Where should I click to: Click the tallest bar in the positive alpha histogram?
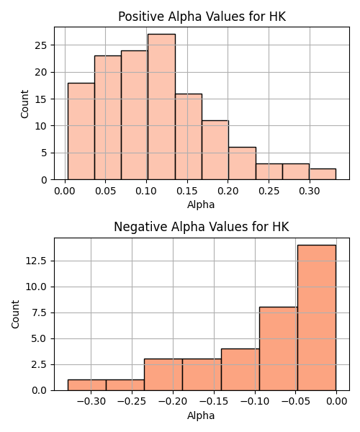(161, 107)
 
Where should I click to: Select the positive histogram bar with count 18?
(81, 132)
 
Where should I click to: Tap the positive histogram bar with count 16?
(189, 137)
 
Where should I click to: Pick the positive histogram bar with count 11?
(215, 150)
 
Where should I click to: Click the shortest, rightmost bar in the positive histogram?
(323, 174)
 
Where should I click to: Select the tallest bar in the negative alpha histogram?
(317, 318)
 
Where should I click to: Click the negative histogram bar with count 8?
(279, 348)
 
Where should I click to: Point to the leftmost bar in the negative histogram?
(87, 385)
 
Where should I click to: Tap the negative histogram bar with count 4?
(240, 369)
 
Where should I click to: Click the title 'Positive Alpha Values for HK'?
(202, 17)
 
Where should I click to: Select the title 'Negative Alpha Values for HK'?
(202, 227)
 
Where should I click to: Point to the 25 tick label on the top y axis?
(41, 45)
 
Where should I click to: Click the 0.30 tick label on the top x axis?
(310, 191)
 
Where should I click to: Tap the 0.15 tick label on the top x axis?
(187, 191)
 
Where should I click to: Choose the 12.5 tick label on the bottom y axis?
(36, 261)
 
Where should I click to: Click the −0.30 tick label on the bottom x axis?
(91, 402)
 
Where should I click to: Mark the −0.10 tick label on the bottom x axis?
(255, 402)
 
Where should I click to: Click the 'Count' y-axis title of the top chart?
(24, 104)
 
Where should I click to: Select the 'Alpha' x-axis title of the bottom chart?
(201, 415)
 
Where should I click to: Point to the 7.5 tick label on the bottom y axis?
(39, 312)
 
